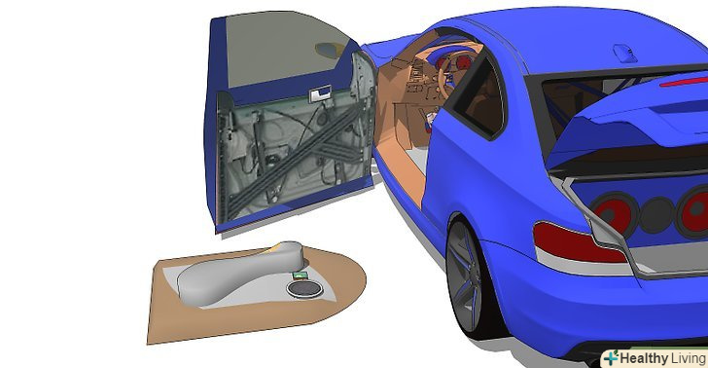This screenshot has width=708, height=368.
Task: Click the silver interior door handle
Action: (x=320, y=94)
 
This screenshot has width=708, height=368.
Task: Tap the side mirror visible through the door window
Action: (x=329, y=51)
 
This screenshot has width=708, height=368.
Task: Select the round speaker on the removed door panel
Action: (x=304, y=289)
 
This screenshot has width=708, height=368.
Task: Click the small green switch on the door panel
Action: (x=300, y=275)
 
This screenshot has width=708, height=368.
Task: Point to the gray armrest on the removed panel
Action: (x=239, y=273)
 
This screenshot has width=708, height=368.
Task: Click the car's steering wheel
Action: (x=444, y=67)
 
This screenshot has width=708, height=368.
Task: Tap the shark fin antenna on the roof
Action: (x=626, y=53)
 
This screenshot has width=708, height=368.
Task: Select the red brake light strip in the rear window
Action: (x=684, y=82)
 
